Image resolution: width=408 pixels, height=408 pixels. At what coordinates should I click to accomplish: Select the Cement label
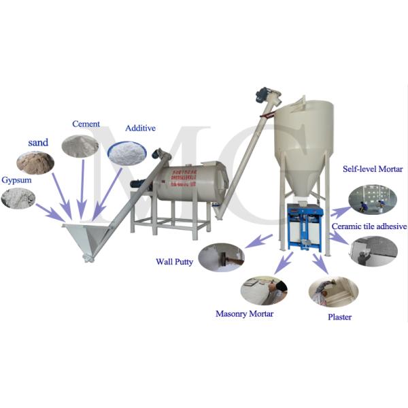pos(86,124)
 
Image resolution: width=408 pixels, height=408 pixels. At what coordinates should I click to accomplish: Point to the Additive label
pos(141,128)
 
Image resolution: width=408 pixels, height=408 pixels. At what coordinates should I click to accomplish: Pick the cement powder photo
pos(80,146)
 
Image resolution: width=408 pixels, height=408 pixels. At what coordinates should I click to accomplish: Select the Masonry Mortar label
pos(244,313)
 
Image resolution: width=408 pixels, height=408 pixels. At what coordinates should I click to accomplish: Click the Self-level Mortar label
pos(373,169)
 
